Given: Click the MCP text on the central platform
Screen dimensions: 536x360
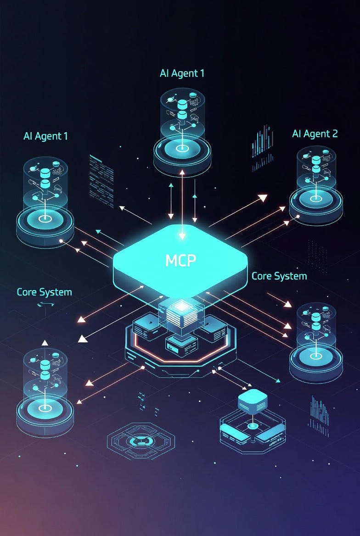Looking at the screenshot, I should coord(180,260).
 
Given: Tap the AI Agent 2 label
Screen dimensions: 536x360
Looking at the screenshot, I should coord(315,134).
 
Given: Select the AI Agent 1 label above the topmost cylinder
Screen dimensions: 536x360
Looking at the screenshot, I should coord(182,73).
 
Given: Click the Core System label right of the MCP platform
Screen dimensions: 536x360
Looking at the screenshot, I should coord(279,276).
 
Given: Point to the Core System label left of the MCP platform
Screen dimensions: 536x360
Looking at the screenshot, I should coord(44,292).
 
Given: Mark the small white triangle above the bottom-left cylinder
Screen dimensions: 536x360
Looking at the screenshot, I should coord(45,343).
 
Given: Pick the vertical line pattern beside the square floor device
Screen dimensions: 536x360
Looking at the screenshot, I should coord(318,415).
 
